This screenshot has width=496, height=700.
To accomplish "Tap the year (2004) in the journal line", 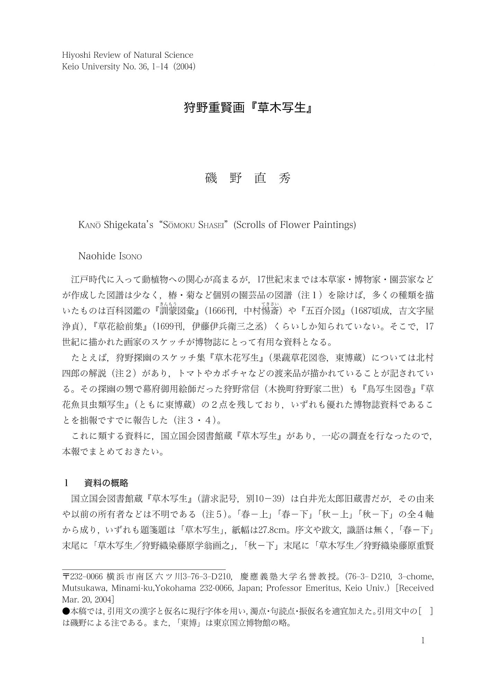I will [185, 67].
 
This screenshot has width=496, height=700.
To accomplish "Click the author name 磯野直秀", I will [248, 178].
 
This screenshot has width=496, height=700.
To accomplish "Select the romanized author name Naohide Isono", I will [110, 256].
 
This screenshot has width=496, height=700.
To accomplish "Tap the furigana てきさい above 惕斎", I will [270, 304].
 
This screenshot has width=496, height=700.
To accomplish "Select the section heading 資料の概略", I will [106, 483].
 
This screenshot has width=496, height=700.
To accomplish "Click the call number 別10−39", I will [265, 499].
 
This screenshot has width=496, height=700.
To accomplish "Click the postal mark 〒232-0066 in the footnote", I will [83, 577].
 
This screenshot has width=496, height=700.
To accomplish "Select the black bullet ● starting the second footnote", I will [66, 611].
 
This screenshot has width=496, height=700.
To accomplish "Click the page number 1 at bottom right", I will [423, 641].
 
